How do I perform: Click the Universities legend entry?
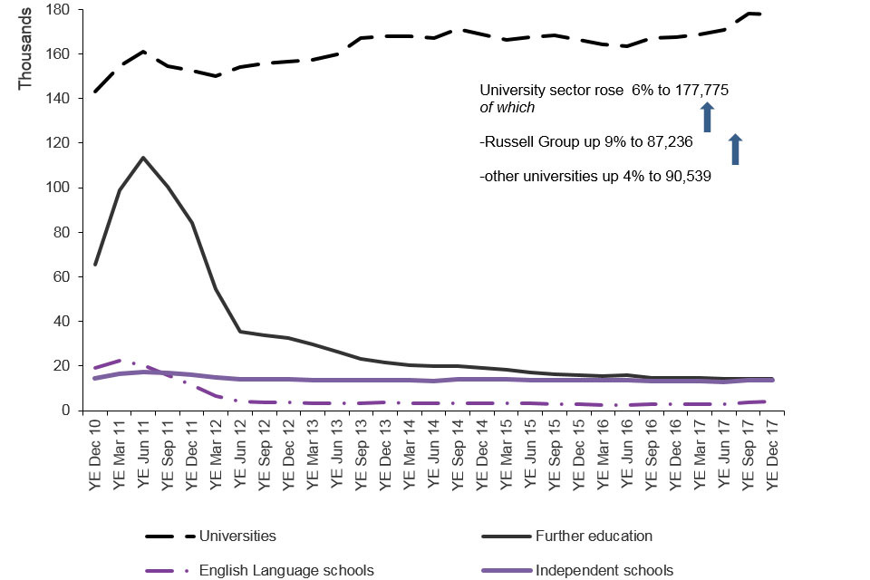[237, 536]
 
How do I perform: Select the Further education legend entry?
[594, 536]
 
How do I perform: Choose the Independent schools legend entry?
[604, 570]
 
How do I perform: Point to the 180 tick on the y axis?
[69, 10]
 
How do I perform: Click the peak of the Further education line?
[143, 158]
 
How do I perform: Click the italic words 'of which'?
[507, 108]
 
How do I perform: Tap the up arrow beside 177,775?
[708, 118]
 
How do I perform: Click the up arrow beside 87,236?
[736, 150]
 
